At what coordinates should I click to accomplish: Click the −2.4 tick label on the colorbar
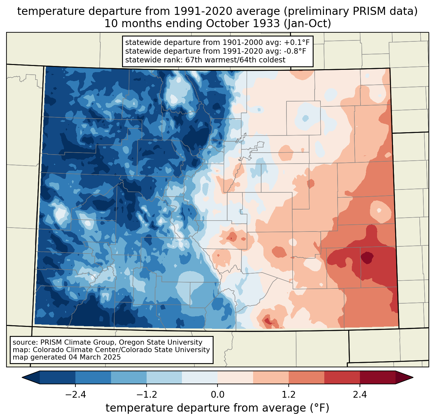(75, 395)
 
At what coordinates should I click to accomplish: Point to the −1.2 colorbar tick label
(146, 395)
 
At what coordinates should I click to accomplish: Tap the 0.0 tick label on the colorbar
(217, 395)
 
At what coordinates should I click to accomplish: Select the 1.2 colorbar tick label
(289, 395)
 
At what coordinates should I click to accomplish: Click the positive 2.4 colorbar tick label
(360, 395)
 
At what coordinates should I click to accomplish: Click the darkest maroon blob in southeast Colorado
(367, 257)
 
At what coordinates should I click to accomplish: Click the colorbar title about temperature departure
(217, 408)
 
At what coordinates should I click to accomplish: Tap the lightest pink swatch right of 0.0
(235, 377)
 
